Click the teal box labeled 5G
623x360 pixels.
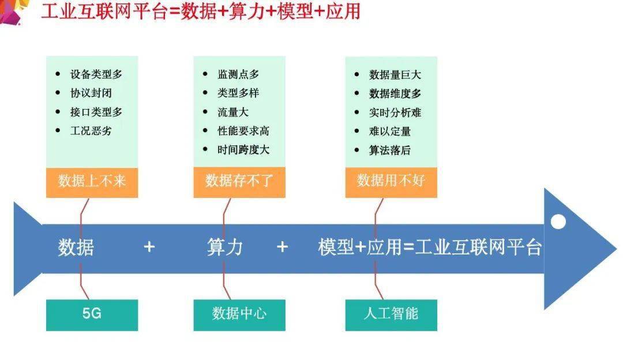[x=92, y=315]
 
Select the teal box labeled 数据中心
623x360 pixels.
[x=239, y=315]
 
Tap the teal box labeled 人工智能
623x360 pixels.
[x=391, y=315]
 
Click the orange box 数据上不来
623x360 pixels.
[x=92, y=182]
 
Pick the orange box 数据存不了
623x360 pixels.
[x=239, y=182]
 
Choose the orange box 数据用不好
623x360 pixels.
[x=391, y=182]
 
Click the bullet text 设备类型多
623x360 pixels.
[x=96, y=74]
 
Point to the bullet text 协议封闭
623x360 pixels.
[x=91, y=93]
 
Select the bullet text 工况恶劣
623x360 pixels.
[x=91, y=131]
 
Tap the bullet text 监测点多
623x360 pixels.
[x=238, y=74]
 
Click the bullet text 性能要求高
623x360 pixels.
[x=243, y=131]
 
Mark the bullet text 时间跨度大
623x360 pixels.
[x=243, y=150]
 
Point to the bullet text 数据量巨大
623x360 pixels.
[x=395, y=74]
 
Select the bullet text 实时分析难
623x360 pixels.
[x=395, y=112]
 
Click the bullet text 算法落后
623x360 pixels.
[x=390, y=150]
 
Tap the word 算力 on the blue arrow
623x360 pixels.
[x=225, y=247]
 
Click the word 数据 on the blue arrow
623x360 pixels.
[x=76, y=247]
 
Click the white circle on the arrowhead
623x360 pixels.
[x=558, y=222]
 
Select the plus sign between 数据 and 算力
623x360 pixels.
[x=149, y=247]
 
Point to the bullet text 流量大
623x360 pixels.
[x=233, y=112]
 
